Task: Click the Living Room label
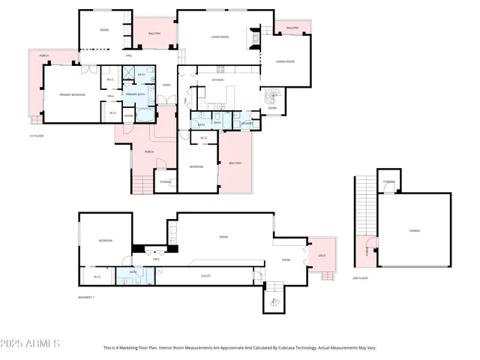click(x=219, y=36)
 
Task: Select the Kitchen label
click(x=217, y=79)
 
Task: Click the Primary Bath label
click(x=136, y=94)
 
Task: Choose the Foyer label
click(x=166, y=85)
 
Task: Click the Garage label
click(x=414, y=230)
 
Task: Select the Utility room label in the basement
click(x=205, y=276)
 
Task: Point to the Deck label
click(x=322, y=255)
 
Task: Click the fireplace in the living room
click(x=255, y=37)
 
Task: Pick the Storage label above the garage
click(x=388, y=181)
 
